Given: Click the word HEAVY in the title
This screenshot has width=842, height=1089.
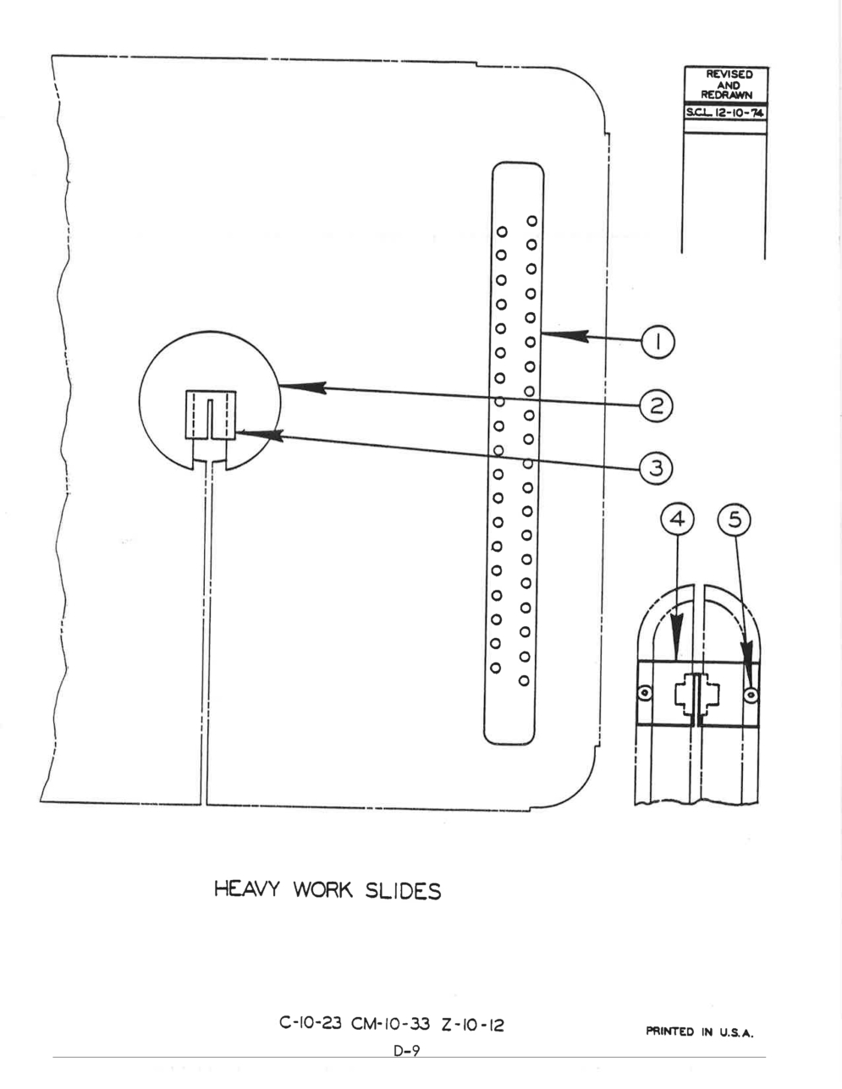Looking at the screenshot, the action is click(246, 888).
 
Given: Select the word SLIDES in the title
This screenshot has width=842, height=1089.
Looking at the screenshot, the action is click(403, 890).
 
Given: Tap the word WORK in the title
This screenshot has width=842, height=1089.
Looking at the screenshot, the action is click(322, 889).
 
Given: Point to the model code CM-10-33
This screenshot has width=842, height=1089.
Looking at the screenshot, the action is click(390, 1023).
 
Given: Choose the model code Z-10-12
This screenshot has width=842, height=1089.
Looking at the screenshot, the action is click(472, 1025).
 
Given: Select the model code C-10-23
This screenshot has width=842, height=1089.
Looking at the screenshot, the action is click(311, 1022).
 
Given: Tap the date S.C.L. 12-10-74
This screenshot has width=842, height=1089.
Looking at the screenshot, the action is click(725, 113).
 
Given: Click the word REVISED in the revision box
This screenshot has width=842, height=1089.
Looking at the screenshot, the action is click(729, 74).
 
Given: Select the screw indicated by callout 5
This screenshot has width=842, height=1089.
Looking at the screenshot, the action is click(751, 695).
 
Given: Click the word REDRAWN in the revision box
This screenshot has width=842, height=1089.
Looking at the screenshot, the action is click(726, 96).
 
